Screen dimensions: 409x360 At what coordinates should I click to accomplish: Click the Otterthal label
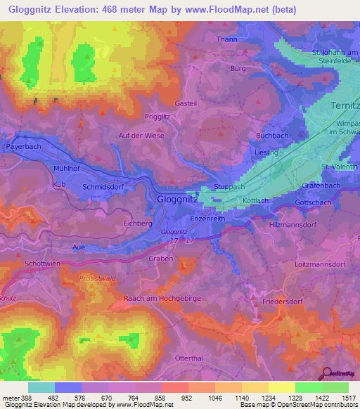[189, 358]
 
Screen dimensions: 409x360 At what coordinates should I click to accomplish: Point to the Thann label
[227, 39]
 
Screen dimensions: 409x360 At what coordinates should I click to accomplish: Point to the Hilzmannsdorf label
[295, 225]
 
